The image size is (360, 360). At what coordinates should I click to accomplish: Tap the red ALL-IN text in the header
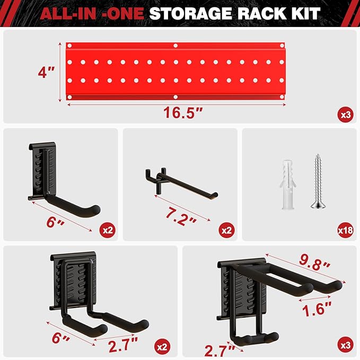tap(77, 13)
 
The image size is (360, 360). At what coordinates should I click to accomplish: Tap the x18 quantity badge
tap(345, 230)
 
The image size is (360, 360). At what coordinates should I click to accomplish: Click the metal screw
tap(318, 181)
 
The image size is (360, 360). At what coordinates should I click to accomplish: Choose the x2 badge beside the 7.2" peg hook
tap(226, 230)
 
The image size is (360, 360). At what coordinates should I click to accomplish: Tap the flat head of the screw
tap(318, 205)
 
